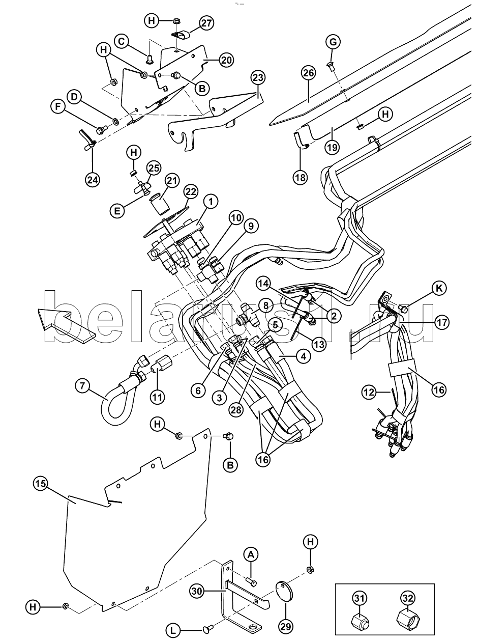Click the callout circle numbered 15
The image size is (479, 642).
point(41,483)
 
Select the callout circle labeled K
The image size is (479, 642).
point(439,289)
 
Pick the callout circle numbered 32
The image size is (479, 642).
point(409,599)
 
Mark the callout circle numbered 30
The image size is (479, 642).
point(198,591)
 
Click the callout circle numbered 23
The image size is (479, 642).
point(258,78)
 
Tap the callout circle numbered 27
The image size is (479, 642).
point(206,22)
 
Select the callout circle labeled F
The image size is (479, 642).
point(57,107)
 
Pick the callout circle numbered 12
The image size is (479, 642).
point(370,392)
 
